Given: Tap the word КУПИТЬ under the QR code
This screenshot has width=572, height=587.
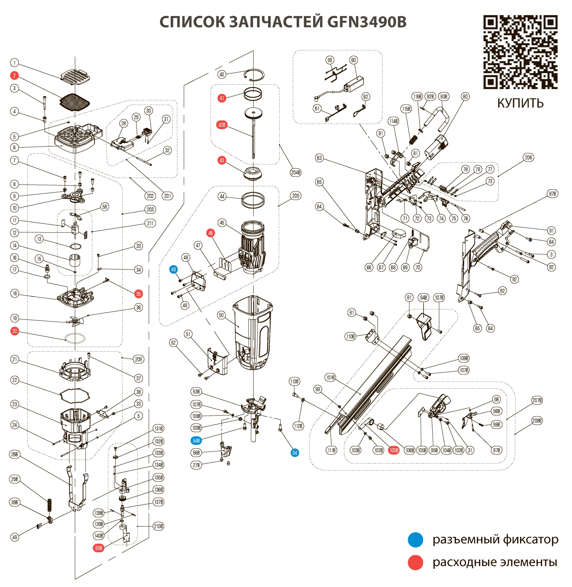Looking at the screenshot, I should point(520,103).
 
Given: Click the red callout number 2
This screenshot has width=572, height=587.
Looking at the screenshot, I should point(14,76).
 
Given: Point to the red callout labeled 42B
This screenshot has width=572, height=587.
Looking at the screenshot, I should point(222,125).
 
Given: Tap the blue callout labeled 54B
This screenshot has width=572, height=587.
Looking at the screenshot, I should point(196,441).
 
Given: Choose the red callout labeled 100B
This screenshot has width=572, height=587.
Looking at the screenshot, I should point(394,450).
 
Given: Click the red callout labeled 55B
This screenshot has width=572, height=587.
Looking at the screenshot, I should point(99,548).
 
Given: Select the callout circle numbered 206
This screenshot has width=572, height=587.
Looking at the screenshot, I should point(528,157).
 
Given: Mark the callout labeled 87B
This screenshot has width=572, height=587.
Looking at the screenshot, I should point(552,194).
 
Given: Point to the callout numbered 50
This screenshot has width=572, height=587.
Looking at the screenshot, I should point(221,315).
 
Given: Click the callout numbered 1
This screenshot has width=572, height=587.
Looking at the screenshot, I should point(14,63).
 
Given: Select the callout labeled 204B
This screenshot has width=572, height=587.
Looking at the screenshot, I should point(296,173).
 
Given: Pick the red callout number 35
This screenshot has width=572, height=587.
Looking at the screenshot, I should point(138,294).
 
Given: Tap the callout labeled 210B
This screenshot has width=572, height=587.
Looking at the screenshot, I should point(159,526).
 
